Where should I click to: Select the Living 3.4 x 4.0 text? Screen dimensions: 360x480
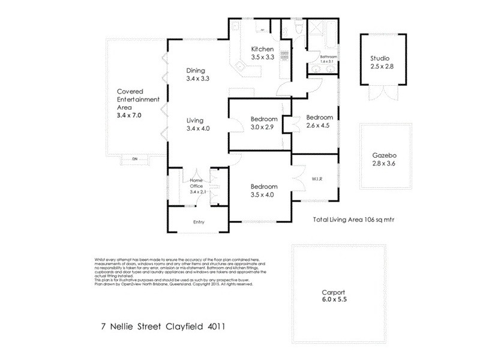click(x=197, y=124)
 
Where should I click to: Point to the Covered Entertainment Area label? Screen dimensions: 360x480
click(x=137, y=103)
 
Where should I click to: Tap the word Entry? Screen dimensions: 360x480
click(x=199, y=223)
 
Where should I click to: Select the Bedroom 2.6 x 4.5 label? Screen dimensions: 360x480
click(x=319, y=121)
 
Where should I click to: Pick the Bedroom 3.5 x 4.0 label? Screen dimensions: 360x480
click(x=263, y=190)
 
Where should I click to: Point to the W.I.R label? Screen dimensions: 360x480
click(x=317, y=178)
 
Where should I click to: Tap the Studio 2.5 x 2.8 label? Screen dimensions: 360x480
click(x=379, y=62)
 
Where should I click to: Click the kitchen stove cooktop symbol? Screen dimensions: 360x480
click(x=285, y=55)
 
